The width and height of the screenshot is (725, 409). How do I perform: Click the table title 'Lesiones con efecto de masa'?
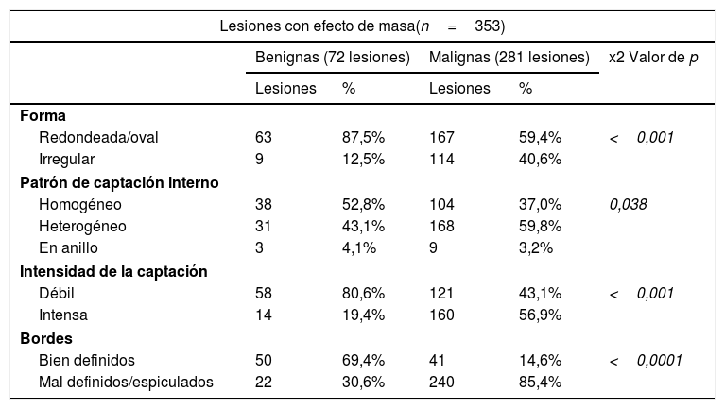click(321, 23)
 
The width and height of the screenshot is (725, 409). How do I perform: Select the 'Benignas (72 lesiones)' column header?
click(332, 58)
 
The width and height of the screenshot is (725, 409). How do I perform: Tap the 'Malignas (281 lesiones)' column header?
click(509, 58)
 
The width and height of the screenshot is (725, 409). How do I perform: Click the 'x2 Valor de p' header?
click(653, 58)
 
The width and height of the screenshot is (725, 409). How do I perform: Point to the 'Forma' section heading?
click(43, 115)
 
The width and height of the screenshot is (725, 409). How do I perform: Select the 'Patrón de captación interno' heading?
click(119, 182)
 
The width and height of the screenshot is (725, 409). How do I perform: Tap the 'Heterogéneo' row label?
click(82, 227)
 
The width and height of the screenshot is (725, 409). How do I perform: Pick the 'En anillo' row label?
click(70, 249)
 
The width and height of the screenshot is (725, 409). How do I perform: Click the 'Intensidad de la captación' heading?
click(113, 272)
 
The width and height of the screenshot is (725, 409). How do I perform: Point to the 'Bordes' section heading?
click(44, 338)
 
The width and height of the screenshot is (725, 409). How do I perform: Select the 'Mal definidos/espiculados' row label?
click(126, 383)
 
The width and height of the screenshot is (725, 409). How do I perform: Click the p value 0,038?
click(628, 204)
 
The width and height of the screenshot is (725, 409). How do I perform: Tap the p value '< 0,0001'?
click(646, 361)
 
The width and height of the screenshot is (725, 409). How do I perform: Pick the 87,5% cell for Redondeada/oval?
click(362, 137)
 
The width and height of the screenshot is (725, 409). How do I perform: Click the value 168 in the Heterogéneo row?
click(441, 227)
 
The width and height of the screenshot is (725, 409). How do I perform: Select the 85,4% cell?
click(540, 383)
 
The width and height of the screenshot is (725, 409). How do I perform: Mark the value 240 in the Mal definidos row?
click(441, 383)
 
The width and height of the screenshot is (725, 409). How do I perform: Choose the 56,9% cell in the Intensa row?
click(540, 316)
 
